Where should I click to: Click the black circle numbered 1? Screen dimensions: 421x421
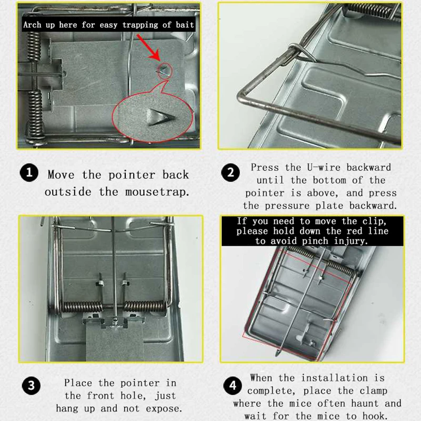point(29,173)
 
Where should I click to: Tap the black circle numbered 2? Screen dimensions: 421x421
point(230,173)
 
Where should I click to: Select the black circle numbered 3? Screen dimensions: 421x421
point(31,386)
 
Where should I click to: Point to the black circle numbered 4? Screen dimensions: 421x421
point(233,386)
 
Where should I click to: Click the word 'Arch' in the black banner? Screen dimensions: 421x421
point(32,25)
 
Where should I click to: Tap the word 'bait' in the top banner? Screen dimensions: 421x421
point(185,25)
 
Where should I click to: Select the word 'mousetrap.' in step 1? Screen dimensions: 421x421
point(157,192)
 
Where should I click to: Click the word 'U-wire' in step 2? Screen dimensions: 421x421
point(324,167)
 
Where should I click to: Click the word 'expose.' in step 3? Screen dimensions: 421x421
point(164,409)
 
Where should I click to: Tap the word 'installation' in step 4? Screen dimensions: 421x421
point(334,378)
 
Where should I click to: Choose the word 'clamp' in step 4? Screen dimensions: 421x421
point(373,391)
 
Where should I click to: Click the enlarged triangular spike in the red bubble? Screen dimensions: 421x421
point(161,117)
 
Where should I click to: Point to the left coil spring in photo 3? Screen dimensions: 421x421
point(83,307)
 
